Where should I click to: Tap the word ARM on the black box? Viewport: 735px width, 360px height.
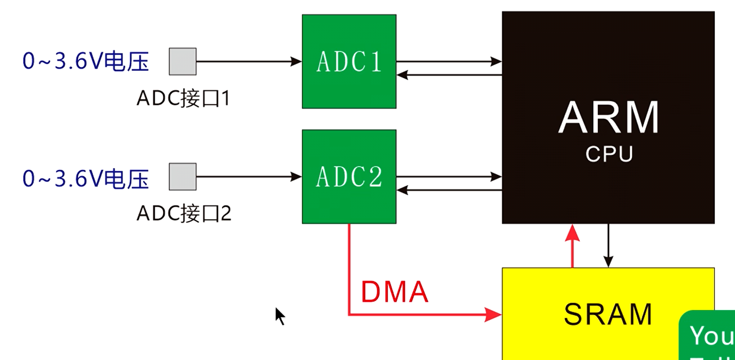[609, 118]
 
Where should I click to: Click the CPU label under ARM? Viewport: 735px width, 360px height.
[609, 153]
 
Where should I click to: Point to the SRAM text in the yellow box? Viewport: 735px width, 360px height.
[608, 314]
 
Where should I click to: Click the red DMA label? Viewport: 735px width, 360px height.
[394, 292]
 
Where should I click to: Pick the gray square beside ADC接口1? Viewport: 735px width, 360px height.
[182, 61]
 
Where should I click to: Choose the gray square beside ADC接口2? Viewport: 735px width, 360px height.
[182, 176]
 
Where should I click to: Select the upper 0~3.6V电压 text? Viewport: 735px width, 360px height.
[85, 62]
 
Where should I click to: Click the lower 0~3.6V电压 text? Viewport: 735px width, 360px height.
[85, 179]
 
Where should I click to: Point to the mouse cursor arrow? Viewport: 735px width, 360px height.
[279, 315]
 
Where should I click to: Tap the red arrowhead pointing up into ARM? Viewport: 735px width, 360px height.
[573, 232]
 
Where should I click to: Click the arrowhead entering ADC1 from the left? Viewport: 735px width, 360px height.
[296, 62]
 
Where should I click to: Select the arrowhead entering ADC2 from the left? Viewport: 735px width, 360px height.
[296, 177]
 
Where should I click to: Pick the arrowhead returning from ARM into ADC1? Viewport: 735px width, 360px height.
[402, 75]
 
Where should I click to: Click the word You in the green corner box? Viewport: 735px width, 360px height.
[711, 336]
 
